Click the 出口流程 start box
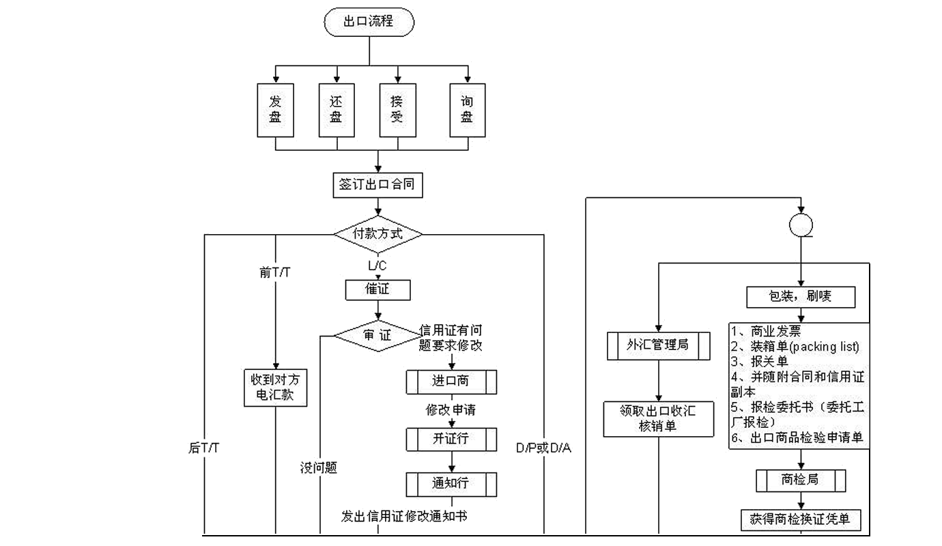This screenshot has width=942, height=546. (x=369, y=22)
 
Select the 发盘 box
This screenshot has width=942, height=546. (x=275, y=110)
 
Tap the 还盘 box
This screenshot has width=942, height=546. (x=336, y=110)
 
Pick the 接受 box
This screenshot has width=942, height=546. (x=397, y=110)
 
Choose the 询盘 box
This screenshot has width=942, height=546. (x=467, y=110)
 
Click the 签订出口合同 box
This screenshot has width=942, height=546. (x=377, y=185)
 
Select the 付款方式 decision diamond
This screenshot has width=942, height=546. (x=377, y=233)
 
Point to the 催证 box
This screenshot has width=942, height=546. (x=377, y=289)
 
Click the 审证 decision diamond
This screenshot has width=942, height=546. (x=377, y=335)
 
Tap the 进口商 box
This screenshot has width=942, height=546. (x=451, y=382)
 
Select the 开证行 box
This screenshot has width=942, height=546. (x=451, y=439)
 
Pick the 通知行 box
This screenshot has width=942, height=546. (x=451, y=484)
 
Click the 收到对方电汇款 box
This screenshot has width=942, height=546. (x=275, y=387)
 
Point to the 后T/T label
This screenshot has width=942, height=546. (x=203, y=448)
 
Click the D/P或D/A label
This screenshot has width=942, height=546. (x=543, y=448)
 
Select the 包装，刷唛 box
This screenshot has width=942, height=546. (x=801, y=297)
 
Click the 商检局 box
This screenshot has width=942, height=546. (x=801, y=480)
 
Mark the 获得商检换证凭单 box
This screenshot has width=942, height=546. (x=801, y=519)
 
